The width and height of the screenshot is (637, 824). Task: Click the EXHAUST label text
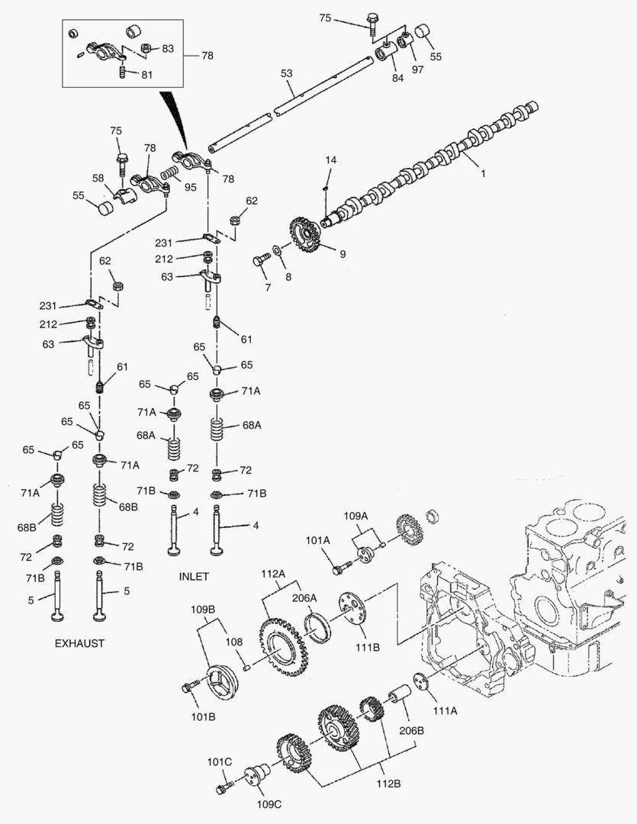[x=79, y=643]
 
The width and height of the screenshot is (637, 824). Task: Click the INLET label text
[x=193, y=576]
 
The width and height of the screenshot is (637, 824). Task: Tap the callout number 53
[x=286, y=73]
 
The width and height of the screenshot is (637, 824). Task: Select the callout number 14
[x=330, y=160]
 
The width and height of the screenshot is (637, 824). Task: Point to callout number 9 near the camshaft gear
[x=343, y=254]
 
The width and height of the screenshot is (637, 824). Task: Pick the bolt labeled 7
[x=259, y=262]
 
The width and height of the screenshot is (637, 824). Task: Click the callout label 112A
[x=272, y=574]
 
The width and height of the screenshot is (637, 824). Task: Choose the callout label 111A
[x=445, y=710]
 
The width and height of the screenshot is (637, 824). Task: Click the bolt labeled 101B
[x=188, y=687]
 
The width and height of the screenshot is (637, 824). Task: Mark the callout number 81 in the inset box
[x=146, y=74]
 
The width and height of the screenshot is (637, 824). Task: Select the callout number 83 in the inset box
[x=167, y=49]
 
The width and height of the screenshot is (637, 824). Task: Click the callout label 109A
[x=356, y=516]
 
